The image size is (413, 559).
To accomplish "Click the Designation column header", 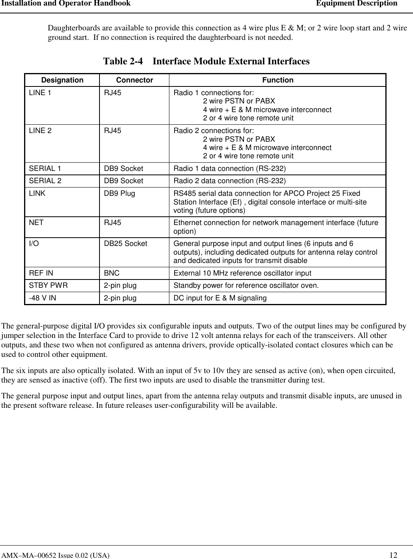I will (62, 80).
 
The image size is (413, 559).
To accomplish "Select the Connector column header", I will (134, 80).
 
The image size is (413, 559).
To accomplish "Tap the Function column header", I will (278, 80).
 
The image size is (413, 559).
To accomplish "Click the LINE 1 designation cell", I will (40, 93).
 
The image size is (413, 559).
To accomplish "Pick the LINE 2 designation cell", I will (40, 131).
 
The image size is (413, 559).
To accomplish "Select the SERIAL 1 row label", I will (45, 169).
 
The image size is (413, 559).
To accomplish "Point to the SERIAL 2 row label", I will (45, 181).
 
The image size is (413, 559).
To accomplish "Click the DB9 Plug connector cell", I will (119, 193).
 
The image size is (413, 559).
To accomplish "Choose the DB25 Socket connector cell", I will (125, 244).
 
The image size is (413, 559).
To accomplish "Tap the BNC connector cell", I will (112, 273).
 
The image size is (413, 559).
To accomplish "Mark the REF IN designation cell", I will (41, 273).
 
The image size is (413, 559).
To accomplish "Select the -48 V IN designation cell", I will (42, 298).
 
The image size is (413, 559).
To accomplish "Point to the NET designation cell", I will (36, 223).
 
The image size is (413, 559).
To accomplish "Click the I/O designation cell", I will (34, 244).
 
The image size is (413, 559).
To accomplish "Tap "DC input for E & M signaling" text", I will (220, 298).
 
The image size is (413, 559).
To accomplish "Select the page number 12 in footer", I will (393, 555).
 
